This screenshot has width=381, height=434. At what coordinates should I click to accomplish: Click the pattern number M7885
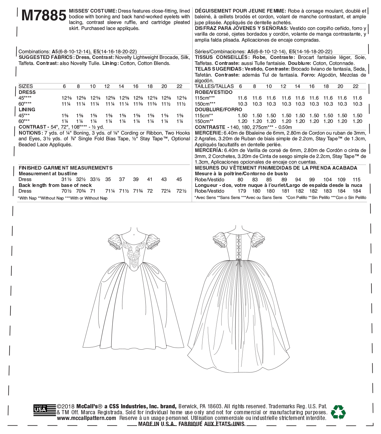[x=44, y=16]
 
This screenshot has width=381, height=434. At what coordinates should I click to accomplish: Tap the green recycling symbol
[x=338, y=412]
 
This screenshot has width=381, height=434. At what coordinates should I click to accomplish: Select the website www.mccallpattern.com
[x=87, y=418]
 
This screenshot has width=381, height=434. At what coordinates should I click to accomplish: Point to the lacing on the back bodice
[x=238, y=247]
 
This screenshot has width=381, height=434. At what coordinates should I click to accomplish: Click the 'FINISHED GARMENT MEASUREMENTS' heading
[x=65, y=168]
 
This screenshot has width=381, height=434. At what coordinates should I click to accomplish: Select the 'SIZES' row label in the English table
[x=26, y=86]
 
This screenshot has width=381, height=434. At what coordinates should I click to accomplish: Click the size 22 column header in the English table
[x=179, y=86]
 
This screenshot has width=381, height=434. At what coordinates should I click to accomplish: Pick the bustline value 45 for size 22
[x=179, y=179]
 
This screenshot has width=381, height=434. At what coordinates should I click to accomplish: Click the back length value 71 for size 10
[x=93, y=191]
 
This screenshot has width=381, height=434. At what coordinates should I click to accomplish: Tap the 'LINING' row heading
[x=27, y=109]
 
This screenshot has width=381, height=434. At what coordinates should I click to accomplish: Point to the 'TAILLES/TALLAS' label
[x=214, y=86]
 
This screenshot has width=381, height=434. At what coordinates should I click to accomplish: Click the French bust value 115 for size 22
[x=357, y=180]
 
